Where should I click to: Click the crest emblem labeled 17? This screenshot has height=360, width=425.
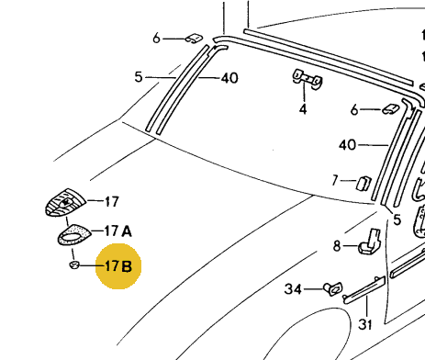pyautogui.click(x=65, y=202)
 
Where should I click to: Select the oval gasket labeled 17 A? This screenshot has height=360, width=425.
pyautogui.click(x=74, y=235)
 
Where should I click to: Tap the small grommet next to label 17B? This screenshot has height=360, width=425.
pyautogui.click(x=74, y=264)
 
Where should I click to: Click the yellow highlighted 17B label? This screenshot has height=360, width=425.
pyautogui.click(x=118, y=266)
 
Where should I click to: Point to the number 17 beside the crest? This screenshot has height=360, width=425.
pyautogui.click(x=112, y=202)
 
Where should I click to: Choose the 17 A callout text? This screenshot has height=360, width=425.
pyautogui.click(x=118, y=231)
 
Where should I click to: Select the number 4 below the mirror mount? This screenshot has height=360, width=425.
pyautogui.click(x=303, y=109)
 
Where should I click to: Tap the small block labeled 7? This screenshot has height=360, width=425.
pyautogui.click(x=363, y=184)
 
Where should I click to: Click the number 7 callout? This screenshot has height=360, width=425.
pyautogui.click(x=335, y=180)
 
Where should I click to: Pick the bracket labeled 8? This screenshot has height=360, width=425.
pyautogui.click(x=370, y=242)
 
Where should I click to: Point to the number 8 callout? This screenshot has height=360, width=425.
pyautogui.click(x=337, y=246)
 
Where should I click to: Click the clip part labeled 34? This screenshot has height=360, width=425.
pyautogui.click(x=333, y=288)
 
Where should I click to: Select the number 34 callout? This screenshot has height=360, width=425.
pyautogui.click(x=293, y=289)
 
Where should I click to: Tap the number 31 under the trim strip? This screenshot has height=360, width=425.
pyautogui.click(x=365, y=324)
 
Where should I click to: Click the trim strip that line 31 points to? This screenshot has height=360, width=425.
pyautogui.click(x=364, y=290)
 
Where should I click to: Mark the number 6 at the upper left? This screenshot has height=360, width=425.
pyautogui.click(x=156, y=39)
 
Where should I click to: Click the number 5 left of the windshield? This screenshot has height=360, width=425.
pyautogui.click(x=139, y=77)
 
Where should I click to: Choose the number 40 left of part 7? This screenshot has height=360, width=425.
pyautogui.click(x=347, y=145)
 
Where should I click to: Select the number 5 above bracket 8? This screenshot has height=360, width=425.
pyautogui.click(x=397, y=219)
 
